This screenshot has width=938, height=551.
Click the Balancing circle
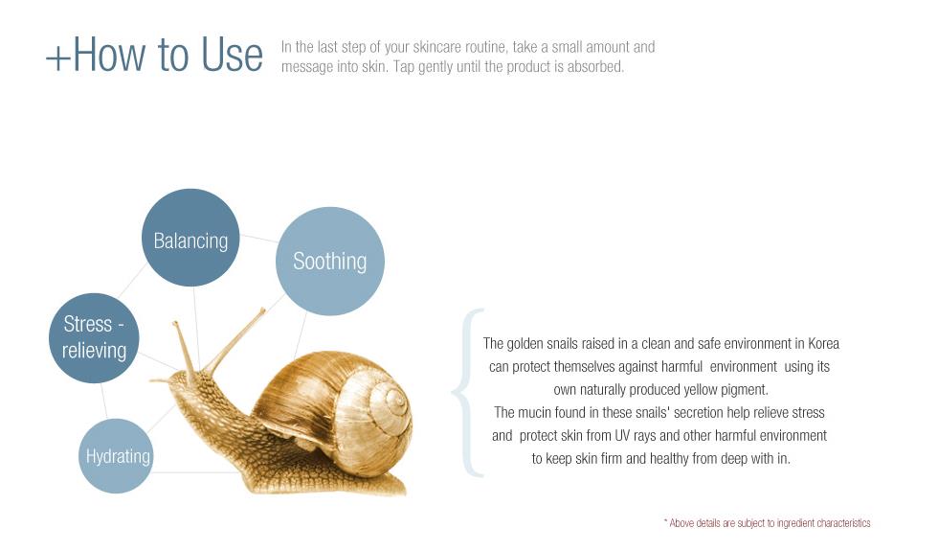[190, 238]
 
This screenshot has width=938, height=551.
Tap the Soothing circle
[329, 261]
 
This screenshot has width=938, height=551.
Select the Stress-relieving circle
[94, 337]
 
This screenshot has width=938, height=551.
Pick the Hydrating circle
[116, 456]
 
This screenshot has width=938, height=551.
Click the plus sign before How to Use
[58, 58]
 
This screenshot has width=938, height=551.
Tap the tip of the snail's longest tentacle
[262, 310]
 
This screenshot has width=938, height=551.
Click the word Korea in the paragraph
[823, 344]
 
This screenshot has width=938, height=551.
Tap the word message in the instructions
[307, 67]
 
